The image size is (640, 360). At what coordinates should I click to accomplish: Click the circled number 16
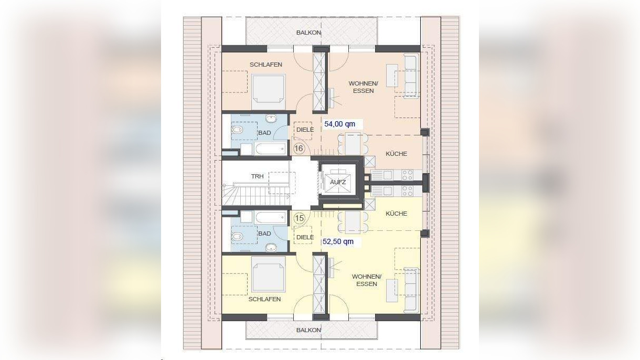pyautogui.click(x=299, y=149)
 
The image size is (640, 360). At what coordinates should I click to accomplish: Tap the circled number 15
pyautogui.click(x=300, y=218)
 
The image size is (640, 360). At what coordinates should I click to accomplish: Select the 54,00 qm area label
pyautogui.click(x=340, y=124)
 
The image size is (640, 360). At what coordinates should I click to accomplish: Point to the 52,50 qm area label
pyautogui.click(x=338, y=241)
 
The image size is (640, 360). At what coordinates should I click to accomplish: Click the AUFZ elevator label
pyautogui.click(x=338, y=182)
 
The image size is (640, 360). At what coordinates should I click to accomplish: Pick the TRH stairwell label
pyautogui.click(x=258, y=176)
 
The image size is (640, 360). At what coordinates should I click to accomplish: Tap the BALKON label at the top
pyautogui.click(x=308, y=33)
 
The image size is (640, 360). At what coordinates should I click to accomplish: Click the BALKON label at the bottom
pyautogui.click(x=308, y=330)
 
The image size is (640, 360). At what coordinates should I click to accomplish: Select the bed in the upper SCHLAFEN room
pyautogui.click(x=268, y=92)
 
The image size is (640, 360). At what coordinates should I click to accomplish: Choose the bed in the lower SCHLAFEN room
pyautogui.click(x=268, y=274)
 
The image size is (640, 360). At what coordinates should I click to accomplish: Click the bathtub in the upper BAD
pyautogui.click(x=270, y=149)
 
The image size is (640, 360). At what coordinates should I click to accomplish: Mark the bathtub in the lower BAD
pyautogui.click(x=270, y=218)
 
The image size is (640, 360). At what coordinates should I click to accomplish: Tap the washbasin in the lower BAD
pyautogui.click(x=271, y=247)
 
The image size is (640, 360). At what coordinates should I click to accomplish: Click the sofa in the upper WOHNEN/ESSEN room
pyautogui.click(x=411, y=76)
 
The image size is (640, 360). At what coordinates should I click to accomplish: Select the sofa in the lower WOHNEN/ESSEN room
pyautogui.click(x=411, y=290)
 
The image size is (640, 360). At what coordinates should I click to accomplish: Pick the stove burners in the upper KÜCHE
pyautogui.click(x=407, y=175)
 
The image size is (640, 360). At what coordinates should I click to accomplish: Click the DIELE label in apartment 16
pyautogui.click(x=305, y=130)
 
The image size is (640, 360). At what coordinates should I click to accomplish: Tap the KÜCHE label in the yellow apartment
pyautogui.click(x=396, y=214)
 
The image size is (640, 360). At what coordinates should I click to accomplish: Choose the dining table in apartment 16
pyautogui.click(x=353, y=144)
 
